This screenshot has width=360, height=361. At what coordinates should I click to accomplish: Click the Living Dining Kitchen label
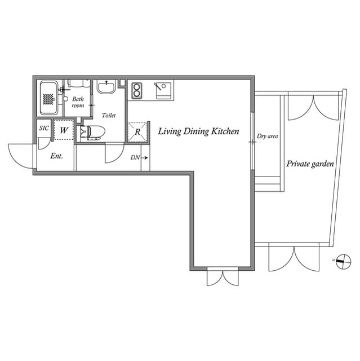(198, 131)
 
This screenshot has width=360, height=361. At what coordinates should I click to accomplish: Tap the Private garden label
(310, 164)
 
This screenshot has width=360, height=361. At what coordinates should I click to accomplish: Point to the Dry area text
(267, 137)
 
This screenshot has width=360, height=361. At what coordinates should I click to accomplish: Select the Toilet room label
(109, 115)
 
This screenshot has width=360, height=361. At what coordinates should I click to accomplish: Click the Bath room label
(78, 102)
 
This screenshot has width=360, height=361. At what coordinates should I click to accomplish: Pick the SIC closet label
(44, 128)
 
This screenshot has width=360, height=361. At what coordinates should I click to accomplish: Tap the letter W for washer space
(64, 130)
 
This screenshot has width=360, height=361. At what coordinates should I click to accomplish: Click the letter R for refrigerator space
(137, 132)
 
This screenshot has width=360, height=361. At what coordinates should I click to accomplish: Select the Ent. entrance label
(56, 156)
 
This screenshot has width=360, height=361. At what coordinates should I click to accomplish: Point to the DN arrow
(145, 158)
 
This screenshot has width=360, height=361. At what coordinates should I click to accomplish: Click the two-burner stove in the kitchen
(136, 90)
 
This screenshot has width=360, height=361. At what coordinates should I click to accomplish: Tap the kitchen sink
(163, 90)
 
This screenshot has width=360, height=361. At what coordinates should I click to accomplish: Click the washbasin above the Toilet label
(106, 87)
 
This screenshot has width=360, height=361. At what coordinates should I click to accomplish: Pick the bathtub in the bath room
(49, 98)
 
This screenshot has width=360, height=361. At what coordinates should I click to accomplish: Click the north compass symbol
(343, 261)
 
